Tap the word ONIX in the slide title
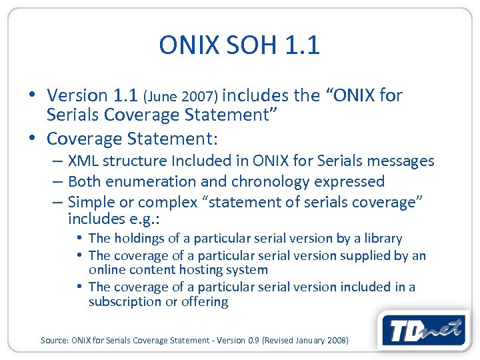(188, 45)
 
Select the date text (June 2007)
(184, 97)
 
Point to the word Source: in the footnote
(55, 340)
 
